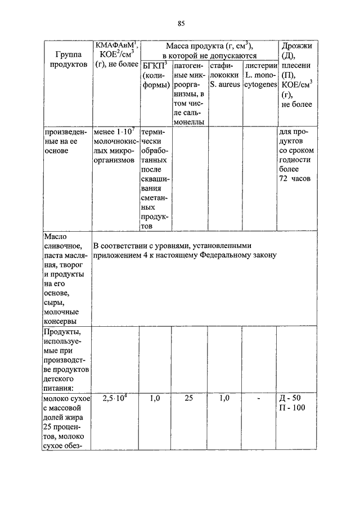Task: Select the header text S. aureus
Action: click(x=224, y=84)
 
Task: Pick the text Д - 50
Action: click(x=291, y=398)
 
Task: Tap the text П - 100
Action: click(x=292, y=408)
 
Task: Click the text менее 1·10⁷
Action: click(x=115, y=132)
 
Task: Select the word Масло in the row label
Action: click(x=55, y=236)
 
